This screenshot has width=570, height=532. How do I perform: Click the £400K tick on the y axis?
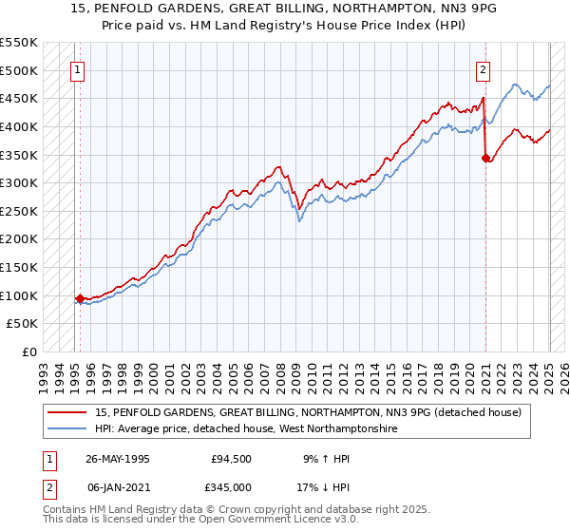[20, 126]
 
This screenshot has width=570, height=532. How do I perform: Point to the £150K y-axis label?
[20, 268]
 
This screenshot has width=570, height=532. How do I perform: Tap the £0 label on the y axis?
[29, 352]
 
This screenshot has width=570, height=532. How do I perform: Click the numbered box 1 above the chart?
[77, 68]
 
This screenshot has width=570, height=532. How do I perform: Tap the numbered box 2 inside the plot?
[484, 68]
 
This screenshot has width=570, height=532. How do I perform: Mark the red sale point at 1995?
[80, 298]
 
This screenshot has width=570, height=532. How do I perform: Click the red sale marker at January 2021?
[485, 158]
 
